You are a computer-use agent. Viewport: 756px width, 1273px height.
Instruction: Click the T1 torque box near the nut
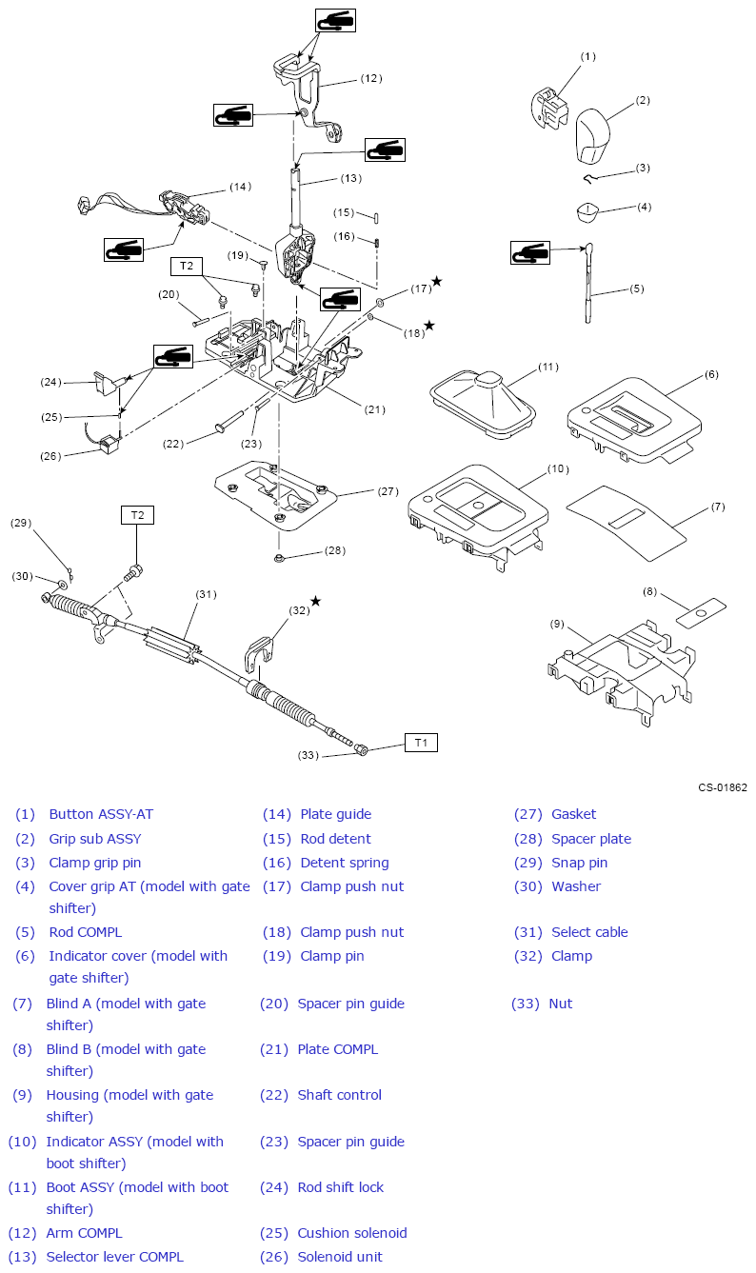click(x=421, y=743)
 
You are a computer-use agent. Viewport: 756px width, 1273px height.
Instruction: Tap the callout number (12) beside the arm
click(x=371, y=78)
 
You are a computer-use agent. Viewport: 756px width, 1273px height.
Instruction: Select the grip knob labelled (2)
click(x=593, y=135)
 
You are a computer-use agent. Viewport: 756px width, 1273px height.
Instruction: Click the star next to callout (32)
click(x=315, y=601)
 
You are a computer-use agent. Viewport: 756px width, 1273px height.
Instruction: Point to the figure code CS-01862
click(x=723, y=787)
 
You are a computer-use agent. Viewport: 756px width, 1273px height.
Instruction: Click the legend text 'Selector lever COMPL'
click(x=115, y=1257)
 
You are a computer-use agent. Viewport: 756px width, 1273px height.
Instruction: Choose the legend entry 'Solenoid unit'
click(x=340, y=1257)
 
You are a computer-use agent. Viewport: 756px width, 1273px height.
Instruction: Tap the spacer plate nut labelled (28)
click(x=279, y=558)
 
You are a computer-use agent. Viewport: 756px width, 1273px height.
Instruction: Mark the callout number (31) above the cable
click(x=207, y=594)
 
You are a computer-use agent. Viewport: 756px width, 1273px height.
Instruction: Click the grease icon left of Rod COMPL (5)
click(x=530, y=252)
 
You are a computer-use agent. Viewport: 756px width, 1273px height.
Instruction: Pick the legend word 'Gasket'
click(x=573, y=814)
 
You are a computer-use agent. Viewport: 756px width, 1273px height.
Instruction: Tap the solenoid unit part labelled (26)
click(x=109, y=444)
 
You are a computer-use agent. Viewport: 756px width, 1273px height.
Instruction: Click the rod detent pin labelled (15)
click(x=376, y=218)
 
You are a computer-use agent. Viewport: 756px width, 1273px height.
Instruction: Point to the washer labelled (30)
click(x=62, y=584)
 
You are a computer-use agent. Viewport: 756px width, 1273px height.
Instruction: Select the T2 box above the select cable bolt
click(x=137, y=515)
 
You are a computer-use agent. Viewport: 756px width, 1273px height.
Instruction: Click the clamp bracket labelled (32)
click(x=259, y=652)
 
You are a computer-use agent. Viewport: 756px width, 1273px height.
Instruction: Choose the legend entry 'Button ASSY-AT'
click(x=101, y=814)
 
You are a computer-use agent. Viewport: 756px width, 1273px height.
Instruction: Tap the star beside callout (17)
click(x=436, y=281)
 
